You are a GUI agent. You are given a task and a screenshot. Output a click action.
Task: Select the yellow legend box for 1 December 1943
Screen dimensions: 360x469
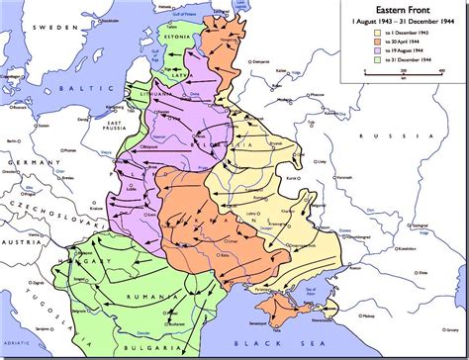(370, 32)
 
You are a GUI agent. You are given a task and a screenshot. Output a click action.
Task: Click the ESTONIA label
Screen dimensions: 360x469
(182, 41)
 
